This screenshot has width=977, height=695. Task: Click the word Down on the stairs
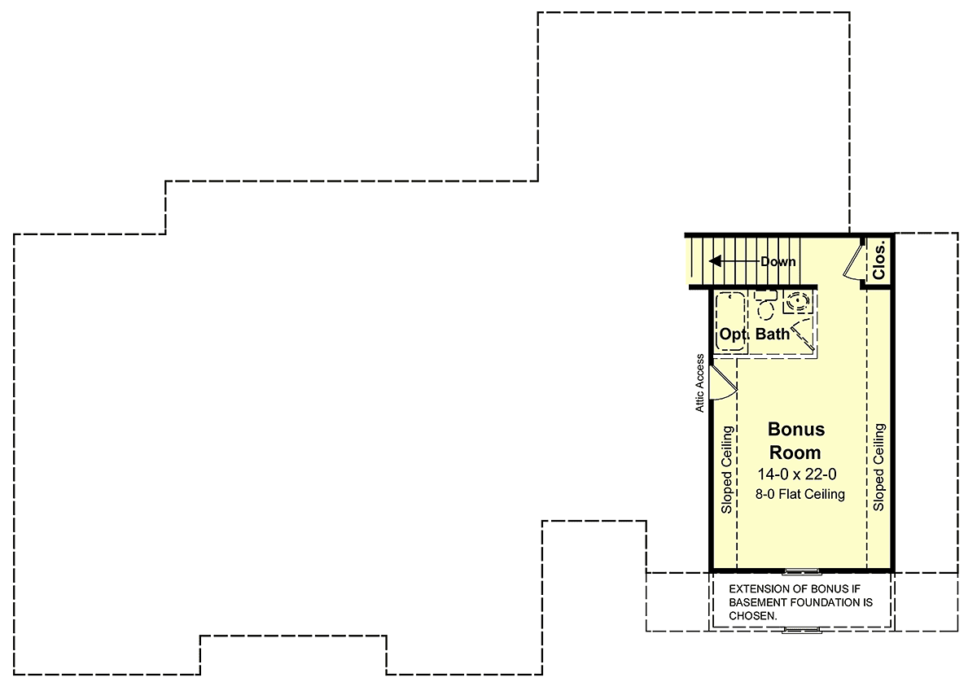point(778,261)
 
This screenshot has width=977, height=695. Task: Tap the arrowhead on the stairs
point(715,261)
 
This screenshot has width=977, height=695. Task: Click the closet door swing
point(853,261)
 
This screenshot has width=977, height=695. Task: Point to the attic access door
point(722,382)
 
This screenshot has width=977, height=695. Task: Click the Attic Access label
point(699,382)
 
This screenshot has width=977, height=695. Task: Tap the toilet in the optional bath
point(766,304)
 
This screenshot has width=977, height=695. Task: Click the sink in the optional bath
point(798,301)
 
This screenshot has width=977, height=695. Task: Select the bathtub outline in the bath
point(730,322)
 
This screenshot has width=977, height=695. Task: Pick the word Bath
point(773,334)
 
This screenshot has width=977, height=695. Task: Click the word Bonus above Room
point(796,430)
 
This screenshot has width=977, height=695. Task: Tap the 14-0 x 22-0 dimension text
point(797,474)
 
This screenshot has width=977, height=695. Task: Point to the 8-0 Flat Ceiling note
point(800,494)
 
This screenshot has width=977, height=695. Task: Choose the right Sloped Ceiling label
point(878,467)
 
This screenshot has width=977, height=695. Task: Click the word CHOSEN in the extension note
point(753,616)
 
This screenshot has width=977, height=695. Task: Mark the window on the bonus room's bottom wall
point(802,571)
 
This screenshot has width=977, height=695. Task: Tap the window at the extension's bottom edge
point(802,630)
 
